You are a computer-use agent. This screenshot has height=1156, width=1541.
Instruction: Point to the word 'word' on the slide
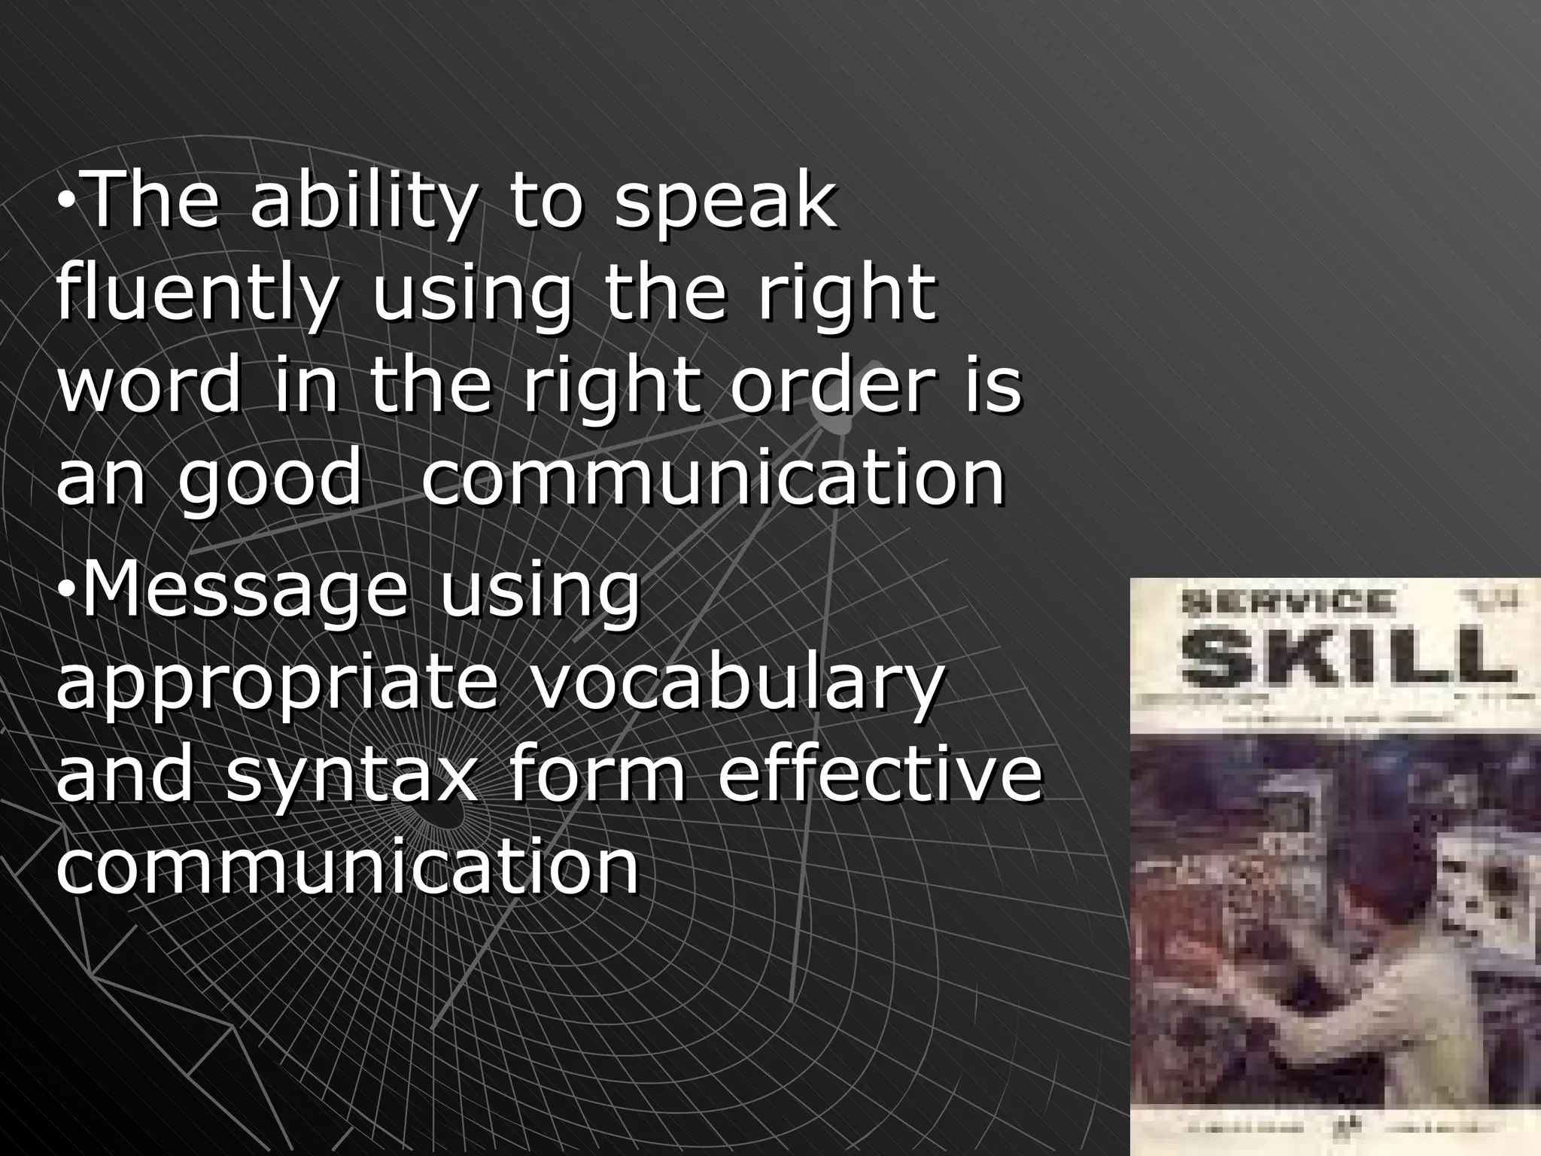click(x=150, y=385)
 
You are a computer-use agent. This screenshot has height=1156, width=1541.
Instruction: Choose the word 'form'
click(x=597, y=775)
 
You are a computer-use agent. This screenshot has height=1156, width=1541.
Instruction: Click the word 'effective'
click(x=880, y=775)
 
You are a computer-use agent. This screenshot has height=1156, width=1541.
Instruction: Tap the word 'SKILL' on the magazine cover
click(x=1346, y=656)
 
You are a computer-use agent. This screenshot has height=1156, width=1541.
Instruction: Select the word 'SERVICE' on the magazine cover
click(x=1287, y=602)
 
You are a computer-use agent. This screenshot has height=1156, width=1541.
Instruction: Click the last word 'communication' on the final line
click(x=348, y=867)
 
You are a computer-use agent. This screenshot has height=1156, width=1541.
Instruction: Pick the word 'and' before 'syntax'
click(x=124, y=775)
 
